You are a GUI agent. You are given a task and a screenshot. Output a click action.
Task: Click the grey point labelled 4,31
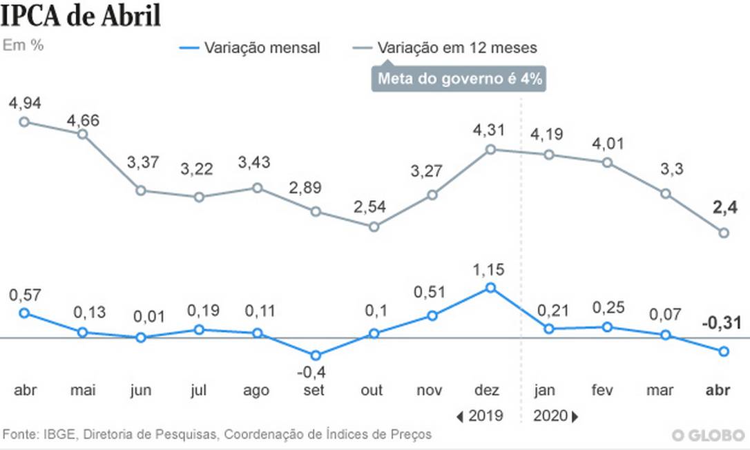[x=490, y=148]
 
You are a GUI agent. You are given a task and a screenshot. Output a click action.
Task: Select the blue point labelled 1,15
[x=490, y=287]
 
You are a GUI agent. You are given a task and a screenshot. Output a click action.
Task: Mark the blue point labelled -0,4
[x=316, y=355]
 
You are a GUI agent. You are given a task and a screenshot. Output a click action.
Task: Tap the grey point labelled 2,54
[x=374, y=226]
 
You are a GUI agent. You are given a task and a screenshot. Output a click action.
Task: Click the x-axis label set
[x=315, y=391]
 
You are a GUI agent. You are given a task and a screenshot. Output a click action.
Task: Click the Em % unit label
[x=23, y=45]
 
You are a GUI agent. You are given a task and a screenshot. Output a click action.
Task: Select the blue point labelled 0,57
[x=24, y=313]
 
